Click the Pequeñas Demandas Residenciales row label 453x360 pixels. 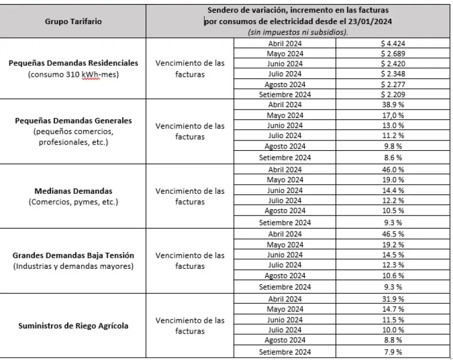pos(73,63)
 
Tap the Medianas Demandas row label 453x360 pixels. pos(73,191)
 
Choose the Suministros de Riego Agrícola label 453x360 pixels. pos(73,326)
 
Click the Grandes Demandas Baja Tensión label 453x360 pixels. pos(73,255)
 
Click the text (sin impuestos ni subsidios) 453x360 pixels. pos(298,32)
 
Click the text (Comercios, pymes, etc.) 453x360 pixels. pos(73,202)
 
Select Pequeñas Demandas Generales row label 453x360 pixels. pos(73,121)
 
